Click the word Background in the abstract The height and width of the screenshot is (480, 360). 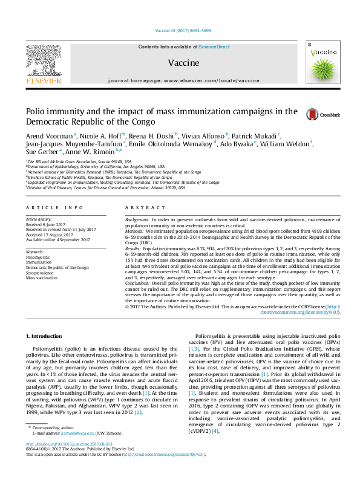pyautogui.click(x=137, y=219)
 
